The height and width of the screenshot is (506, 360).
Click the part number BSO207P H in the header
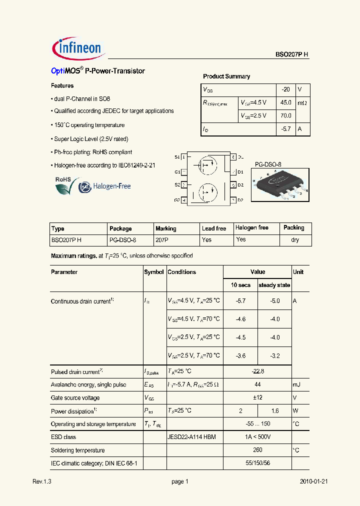point(292,55)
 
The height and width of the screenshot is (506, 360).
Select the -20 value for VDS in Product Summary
point(285,89)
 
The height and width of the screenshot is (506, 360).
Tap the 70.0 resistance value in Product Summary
point(285,115)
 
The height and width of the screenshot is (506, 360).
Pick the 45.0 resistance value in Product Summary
point(285,102)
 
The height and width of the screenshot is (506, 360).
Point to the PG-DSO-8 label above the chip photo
point(268,164)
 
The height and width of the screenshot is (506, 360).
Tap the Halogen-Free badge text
point(110,186)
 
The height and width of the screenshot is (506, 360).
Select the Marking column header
point(165,228)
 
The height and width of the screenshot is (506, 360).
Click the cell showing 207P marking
point(162,240)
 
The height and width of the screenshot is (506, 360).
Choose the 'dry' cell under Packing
point(295,240)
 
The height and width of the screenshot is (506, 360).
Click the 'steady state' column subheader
point(274,285)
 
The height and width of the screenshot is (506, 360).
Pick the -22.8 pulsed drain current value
point(257,371)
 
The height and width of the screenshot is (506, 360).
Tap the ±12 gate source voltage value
point(257,398)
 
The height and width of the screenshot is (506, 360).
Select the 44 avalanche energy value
point(257,384)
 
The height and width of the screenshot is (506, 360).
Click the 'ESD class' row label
point(63,437)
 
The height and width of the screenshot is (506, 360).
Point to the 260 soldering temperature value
point(257,450)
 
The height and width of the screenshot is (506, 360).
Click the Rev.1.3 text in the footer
point(42,481)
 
